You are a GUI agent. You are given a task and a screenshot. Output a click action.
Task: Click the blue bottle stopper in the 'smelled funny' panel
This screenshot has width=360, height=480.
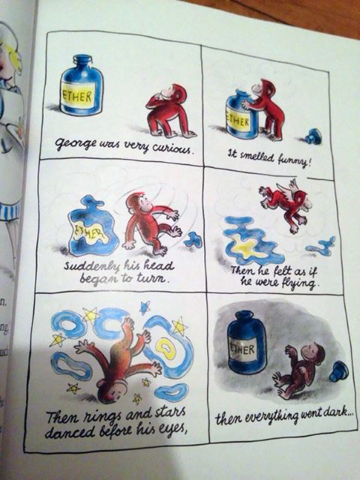pyautogui.click(x=314, y=136)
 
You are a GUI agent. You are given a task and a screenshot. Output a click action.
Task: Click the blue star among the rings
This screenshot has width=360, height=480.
pyautogui.click(x=145, y=307)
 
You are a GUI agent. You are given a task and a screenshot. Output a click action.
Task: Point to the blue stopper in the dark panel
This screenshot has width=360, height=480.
pyautogui.click(x=338, y=371)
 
